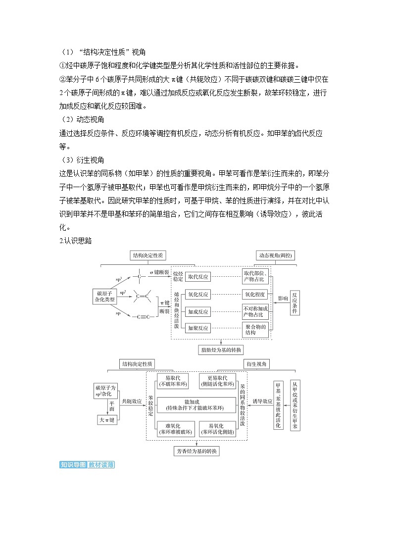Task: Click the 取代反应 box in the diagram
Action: click(198, 276)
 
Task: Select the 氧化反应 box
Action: click(198, 294)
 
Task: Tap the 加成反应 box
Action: click(198, 311)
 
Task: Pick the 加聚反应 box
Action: click(198, 328)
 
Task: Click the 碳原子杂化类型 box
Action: click(105, 297)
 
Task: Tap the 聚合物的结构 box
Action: click(256, 329)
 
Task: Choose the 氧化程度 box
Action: click(255, 294)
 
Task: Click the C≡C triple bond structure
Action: click(141, 317)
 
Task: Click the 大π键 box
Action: click(106, 419)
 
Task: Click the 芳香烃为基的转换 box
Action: click(196, 452)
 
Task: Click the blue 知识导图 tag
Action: click(73, 465)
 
